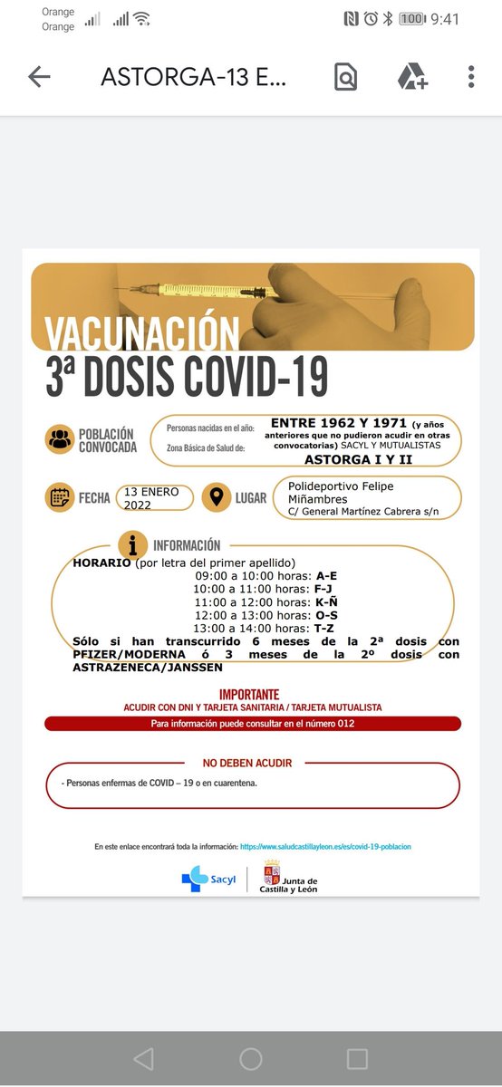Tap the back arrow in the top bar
pyautogui.click(x=39, y=77)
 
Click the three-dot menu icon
pyautogui.click(x=471, y=77)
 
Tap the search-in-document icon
pyautogui.click(x=345, y=77)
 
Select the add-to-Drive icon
pyautogui.click(x=412, y=77)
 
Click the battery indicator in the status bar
pyautogui.click(x=412, y=18)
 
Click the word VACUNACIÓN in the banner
pyautogui.click(x=143, y=332)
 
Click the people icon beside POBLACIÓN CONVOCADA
pyautogui.click(x=59, y=440)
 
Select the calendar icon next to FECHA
pyautogui.click(x=59, y=497)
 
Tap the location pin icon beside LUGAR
pyautogui.click(x=216, y=497)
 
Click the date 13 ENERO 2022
pyautogui.click(x=154, y=498)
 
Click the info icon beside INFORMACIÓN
pyautogui.click(x=133, y=545)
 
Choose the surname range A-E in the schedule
pyautogui.click(x=327, y=575)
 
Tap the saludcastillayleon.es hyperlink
pyautogui.click(x=325, y=846)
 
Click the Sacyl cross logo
pyautogui.click(x=194, y=879)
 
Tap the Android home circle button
pyautogui.click(x=251, y=1059)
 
